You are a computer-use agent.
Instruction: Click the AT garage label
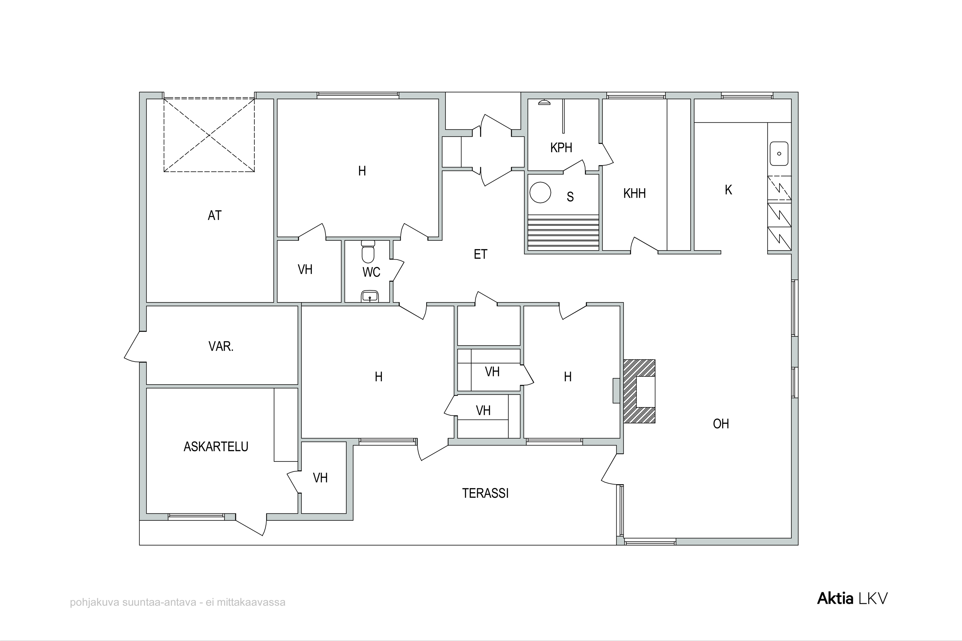click(215, 215)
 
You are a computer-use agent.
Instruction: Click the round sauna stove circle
click(540, 193)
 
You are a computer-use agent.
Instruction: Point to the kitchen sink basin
click(779, 154)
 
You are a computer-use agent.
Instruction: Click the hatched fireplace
click(639, 391)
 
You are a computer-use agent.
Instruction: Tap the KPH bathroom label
click(561, 147)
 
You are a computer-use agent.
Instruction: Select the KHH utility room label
click(634, 193)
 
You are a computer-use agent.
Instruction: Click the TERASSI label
click(485, 494)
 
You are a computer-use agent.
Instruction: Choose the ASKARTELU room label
click(216, 447)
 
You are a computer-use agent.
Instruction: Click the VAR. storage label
click(221, 347)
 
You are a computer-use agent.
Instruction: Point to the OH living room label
click(721, 424)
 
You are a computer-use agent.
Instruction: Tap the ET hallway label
click(481, 254)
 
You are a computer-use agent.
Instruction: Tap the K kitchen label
click(729, 190)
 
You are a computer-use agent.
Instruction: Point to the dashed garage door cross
click(209, 135)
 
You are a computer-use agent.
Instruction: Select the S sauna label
click(570, 197)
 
